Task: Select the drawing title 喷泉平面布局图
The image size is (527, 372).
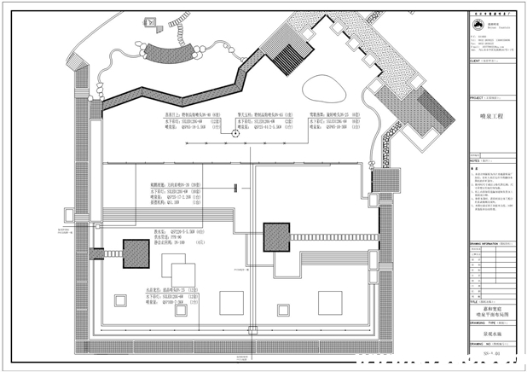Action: pos(492,315)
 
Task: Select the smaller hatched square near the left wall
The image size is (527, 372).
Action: pos(136,253)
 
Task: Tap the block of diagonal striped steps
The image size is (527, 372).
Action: pos(291,61)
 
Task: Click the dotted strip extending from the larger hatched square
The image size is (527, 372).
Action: pos(333,235)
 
